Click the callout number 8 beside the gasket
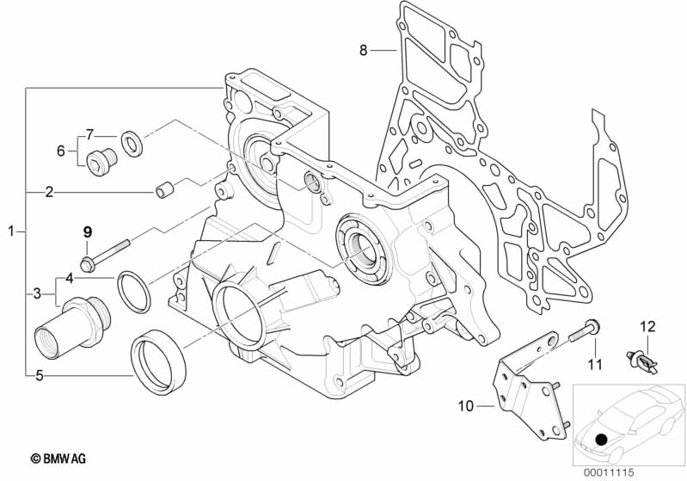pyautogui.click(x=363, y=51)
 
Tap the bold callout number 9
pyautogui.click(x=88, y=232)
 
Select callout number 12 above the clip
pyautogui.click(x=647, y=327)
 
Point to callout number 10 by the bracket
pyautogui.click(x=466, y=406)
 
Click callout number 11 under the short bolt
pyautogui.click(x=595, y=364)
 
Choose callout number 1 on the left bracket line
pyautogui.click(x=12, y=231)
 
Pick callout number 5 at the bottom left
pyautogui.click(x=40, y=375)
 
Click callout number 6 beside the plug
pyautogui.click(x=61, y=151)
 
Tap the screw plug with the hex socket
pyautogui.click(x=101, y=162)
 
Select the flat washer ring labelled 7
pyautogui.click(x=131, y=143)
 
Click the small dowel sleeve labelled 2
pyautogui.click(x=165, y=191)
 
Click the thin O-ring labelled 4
pyautogui.click(x=133, y=292)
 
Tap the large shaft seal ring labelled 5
pyautogui.click(x=158, y=361)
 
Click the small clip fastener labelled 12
pyautogui.click(x=642, y=361)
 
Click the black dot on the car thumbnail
pyautogui.click(x=602, y=439)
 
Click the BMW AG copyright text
pyautogui.click(x=58, y=459)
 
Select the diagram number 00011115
pyautogui.click(x=609, y=472)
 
